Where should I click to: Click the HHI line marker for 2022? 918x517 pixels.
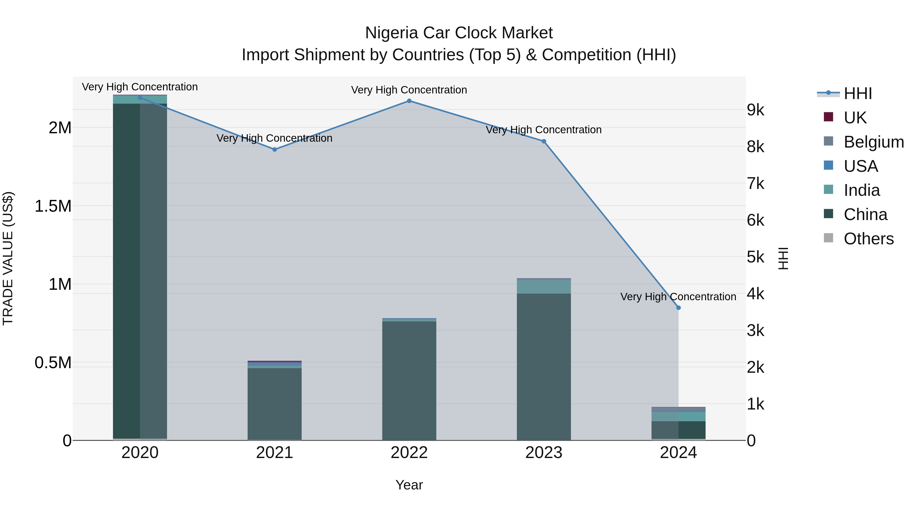(x=409, y=101)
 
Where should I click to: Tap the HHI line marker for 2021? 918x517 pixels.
(x=274, y=150)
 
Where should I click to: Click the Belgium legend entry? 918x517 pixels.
(x=873, y=142)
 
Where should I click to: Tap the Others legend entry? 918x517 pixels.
(x=869, y=239)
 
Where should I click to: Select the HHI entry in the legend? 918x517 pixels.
(x=857, y=93)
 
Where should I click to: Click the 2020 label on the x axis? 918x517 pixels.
(x=140, y=453)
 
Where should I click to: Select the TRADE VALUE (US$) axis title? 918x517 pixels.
(x=8, y=258)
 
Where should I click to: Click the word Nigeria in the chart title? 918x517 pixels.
(x=391, y=33)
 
